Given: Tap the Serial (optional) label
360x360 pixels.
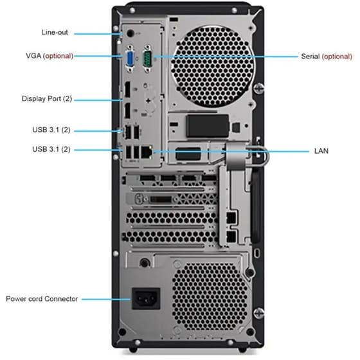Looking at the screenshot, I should [327, 56].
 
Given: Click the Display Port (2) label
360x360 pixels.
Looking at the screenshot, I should [46, 99].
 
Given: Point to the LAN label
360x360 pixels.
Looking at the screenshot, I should [321, 151].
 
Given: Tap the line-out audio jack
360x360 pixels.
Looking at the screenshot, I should [130, 32].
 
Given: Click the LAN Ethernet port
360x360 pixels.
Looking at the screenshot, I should [147, 152].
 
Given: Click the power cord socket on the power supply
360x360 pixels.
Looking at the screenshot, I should [145, 298].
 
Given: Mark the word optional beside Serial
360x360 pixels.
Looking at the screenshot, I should [338, 56].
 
